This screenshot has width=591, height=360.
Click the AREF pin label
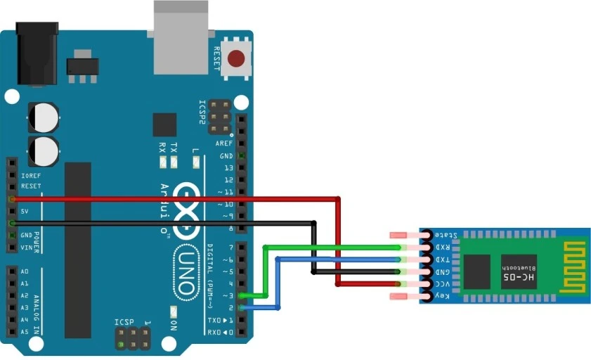click(225, 143)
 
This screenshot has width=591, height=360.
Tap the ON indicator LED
click(174, 311)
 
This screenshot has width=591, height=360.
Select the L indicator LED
click(196, 164)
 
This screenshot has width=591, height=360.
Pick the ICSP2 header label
click(203, 113)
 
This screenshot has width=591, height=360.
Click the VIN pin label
click(26, 247)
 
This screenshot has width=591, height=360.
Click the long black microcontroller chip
click(78, 250)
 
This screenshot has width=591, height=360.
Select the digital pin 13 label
click(228, 168)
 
